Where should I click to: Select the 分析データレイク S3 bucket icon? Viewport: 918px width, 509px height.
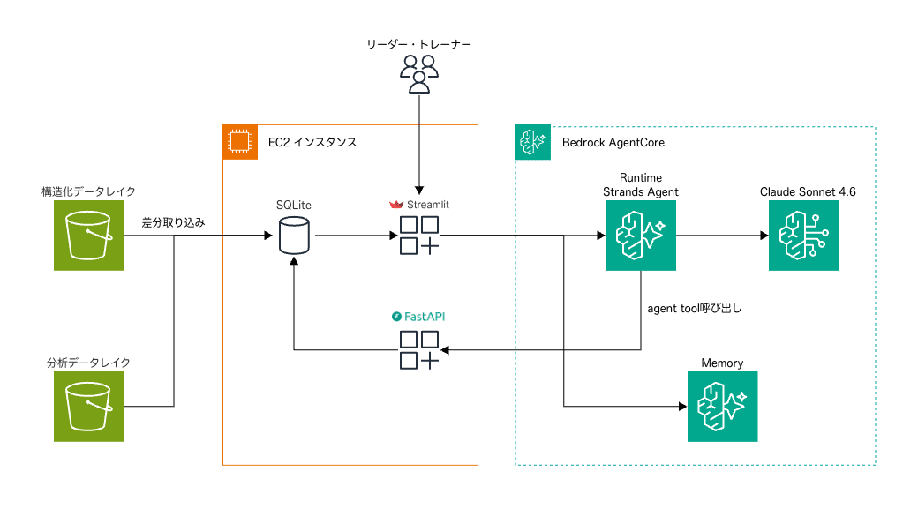click(x=89, y=406)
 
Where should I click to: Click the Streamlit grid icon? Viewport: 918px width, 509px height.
click(x=419, y=236)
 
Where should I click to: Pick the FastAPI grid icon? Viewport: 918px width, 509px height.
click(x=419, y=350)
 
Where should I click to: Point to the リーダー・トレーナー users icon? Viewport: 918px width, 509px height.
click(x=419, y=73)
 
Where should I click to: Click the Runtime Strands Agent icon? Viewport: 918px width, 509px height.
click(x=640, y=236)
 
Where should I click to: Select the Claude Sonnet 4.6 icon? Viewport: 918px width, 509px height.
click(x=803, y=236)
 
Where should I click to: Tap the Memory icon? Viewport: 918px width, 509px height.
click(x=722, y=406)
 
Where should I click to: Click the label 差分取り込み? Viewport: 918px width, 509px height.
click(x=173, y=223)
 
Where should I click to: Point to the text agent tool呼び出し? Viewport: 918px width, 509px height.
click(x=694, y=309)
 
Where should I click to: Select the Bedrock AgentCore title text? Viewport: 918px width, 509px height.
click(x=613, y=142)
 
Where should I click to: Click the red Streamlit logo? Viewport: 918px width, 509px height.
click(x=396, y=205)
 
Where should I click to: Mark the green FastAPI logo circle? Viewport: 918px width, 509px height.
click(x=396, y=315)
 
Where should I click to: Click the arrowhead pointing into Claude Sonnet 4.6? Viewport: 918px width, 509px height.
click(x=763, y=236)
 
